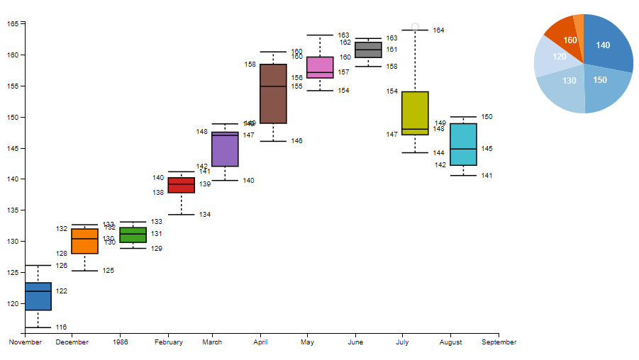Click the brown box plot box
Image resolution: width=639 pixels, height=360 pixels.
pyautogui.click(x=273, y=94)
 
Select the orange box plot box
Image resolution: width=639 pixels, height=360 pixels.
pyautogui.click(x=85, y=241)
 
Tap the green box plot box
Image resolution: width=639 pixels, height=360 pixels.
pyautogui.click(x=133, y=235)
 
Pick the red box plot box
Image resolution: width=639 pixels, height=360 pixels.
pyautogui.click(x=181, y=185)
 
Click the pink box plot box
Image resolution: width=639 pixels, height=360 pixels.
pyautogui.click(x=320, y=67)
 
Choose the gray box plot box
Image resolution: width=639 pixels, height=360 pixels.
pyautogui.click(x=368, y=50)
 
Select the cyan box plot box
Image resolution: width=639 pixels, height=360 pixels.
pyautogui.click(x=463, y=145)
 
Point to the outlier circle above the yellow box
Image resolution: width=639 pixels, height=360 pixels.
pyautogui.click(x=415, y=27)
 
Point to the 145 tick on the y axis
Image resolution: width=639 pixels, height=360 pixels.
pyautogui.click(x=14, y=148)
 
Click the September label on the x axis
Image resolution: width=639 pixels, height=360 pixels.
pyautogui.click(x=499, y=342)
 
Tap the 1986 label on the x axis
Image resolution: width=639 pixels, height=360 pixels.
pyautogui.click(x=120, y=342)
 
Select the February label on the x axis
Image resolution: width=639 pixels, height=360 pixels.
pyautogui.click(x=168, y=342)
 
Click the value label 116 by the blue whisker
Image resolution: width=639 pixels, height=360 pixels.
pyautogui.click(x=61, y=327)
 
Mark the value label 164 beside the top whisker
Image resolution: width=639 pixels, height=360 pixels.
pyautogui.click(x=438, y=30)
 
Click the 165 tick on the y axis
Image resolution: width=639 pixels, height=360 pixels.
pyautogui.click(x=14, y=23)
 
